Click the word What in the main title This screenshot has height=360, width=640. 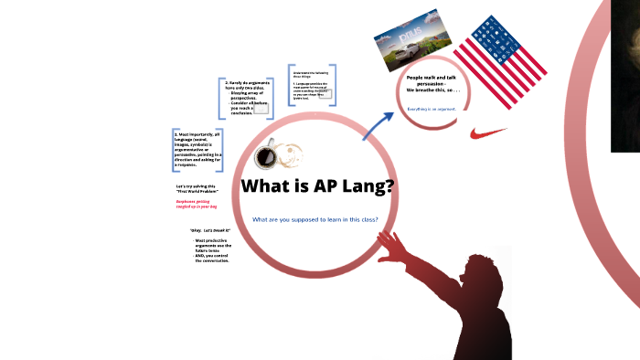coord(267,186)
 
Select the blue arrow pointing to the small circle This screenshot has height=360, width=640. coord(376,126)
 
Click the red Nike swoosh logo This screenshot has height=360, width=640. coord(487,133)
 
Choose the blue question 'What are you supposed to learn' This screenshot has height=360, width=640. coord(315,219)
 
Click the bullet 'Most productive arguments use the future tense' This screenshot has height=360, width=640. coord(211,250)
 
